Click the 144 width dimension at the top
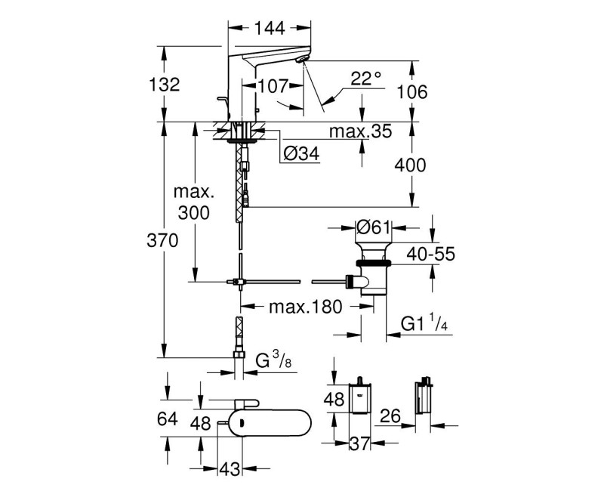(270, 28)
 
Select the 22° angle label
(367, 78)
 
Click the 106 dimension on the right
(412, 92)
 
